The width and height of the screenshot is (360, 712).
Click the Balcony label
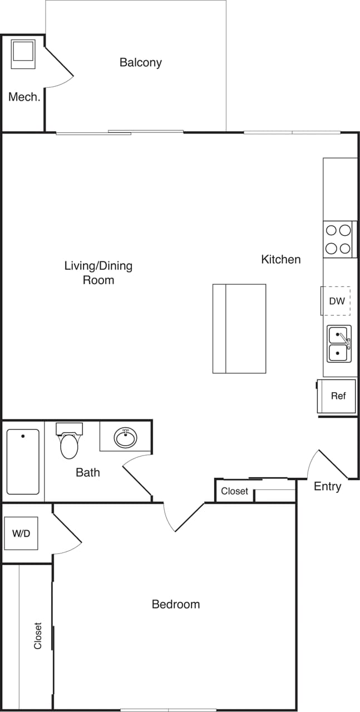point(141,62)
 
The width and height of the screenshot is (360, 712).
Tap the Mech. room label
point(24,97)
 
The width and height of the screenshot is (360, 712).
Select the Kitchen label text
point(281,259)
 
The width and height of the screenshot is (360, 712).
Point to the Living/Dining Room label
point(98,273)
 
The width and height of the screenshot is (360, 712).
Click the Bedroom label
point(176,604)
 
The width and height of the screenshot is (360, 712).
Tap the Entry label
point(327,486)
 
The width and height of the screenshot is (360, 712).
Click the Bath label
point(88,472)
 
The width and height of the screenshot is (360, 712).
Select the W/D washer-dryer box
point(21,533)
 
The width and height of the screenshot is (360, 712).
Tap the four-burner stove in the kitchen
point(338,239)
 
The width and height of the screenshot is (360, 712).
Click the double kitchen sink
point(339,344)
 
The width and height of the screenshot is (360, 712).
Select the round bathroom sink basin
point(126,437)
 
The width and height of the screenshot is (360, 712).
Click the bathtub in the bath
point(23,462)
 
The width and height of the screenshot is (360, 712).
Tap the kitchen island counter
point(239,328)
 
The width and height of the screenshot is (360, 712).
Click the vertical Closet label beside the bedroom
point(38,635)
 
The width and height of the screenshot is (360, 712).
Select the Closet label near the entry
point(234,491)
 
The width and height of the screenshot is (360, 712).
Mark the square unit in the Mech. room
point(23,53)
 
